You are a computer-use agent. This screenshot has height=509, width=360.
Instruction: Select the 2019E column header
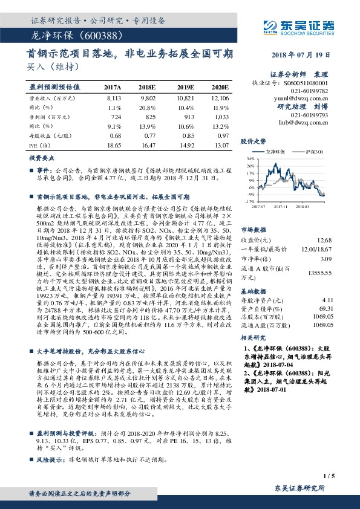(x=183, y=87)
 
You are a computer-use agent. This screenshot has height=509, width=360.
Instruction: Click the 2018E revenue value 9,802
(x=148, y=97)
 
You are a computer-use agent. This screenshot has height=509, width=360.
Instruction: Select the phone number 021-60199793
(x=310, y=114)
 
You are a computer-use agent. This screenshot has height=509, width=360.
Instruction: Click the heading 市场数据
(x=254, y=213)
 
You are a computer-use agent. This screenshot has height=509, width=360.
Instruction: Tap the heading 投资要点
(x=43, y=157)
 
